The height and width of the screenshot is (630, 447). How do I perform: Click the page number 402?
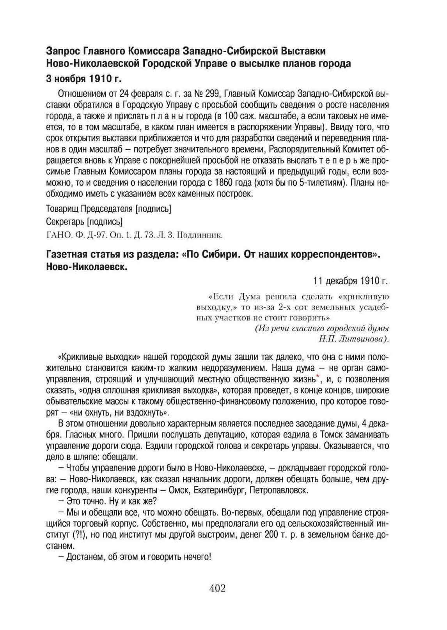(217, 588)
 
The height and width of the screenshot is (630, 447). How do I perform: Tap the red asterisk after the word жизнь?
(318, 376)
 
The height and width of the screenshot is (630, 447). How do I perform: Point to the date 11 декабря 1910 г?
(351, 281)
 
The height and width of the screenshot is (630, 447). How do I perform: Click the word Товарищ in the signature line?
(62, 209)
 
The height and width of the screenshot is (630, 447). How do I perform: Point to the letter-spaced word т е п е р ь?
(339, 160)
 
